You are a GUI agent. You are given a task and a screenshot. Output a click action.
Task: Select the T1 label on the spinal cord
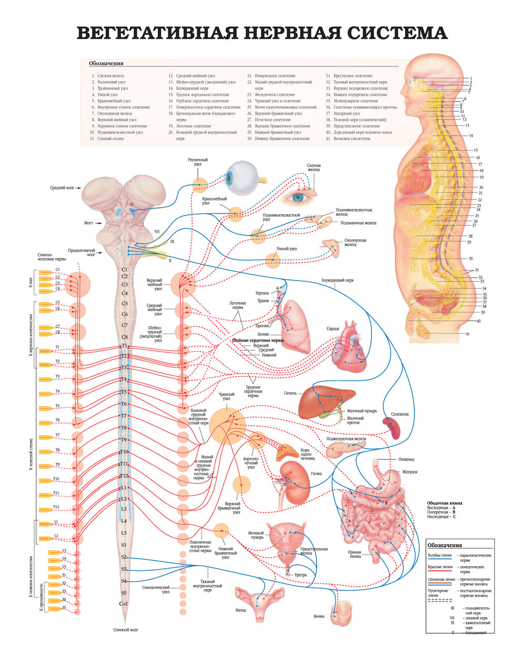125,346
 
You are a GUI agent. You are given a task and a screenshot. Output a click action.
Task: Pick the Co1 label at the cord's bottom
124,604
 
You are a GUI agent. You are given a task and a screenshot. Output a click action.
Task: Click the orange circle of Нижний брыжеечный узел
221,531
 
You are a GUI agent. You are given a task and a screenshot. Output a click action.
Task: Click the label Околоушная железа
355,242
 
